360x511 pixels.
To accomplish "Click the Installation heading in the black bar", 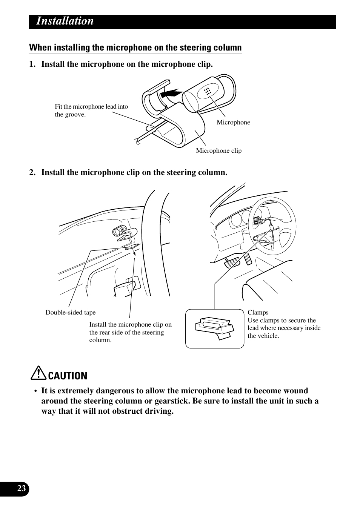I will coord(65,21).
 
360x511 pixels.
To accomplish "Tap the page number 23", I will coord(22,489).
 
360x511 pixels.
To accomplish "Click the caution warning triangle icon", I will coord(38,374).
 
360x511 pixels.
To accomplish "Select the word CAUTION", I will coord(68,376).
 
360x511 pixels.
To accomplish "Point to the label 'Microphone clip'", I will coord(218,151).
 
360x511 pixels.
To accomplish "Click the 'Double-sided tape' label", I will coord(71,313).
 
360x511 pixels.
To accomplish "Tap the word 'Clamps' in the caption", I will coord(258,313).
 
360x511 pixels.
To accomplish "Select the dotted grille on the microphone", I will coord(207,91).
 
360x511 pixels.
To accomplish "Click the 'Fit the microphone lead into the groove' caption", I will coord(91,110).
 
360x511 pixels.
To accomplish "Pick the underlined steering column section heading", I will coord(135,48).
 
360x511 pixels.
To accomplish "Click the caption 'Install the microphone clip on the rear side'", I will coord(130,332).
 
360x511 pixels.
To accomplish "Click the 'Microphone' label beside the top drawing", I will coord(233,123).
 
